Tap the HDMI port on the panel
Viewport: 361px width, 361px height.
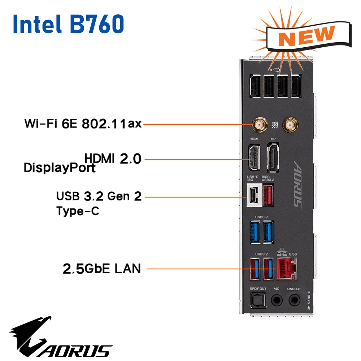(253, 157)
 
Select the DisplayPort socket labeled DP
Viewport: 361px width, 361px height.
(273, 158)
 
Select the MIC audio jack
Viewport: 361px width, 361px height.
(277, 300)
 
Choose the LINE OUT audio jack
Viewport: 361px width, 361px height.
(294, 300)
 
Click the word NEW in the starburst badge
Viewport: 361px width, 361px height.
(306, 36)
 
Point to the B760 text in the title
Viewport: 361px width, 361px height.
(96, 24)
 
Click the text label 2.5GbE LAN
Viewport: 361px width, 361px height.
(101, 269)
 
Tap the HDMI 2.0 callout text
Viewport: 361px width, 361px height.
(112, 158)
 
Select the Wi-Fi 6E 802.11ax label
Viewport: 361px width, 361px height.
(83, 124)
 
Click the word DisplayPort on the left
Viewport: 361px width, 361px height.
(60, 168)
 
